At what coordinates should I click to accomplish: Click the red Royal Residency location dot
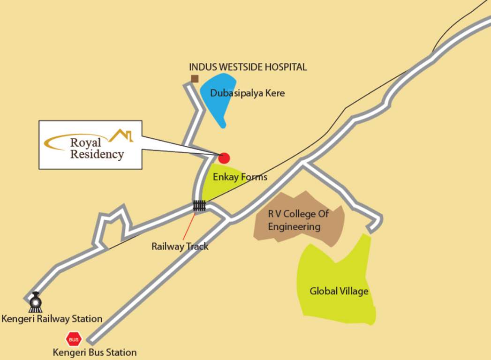(x=224, y=158)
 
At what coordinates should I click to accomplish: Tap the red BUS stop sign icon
(x=73, y=338)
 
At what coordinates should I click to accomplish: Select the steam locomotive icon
(x=35, y=302)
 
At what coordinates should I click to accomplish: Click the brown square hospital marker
(x=194, y=79)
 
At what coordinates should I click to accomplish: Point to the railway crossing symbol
(x=199, y=206)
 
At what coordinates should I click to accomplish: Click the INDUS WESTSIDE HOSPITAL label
(x=248, y=67)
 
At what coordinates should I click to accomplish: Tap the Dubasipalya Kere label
(x=247, y=93)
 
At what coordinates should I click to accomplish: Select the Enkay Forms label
(x=240, y=177)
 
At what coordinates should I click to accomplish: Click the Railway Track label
(x=180, y=246)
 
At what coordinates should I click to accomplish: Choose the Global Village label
(x=339, y=292)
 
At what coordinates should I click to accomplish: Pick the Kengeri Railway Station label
(x=52, y=319)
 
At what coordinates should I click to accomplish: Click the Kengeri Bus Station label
(x=95, y=352)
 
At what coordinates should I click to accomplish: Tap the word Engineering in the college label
(x=294, y=227)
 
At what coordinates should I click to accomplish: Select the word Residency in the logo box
(x=97, y=154)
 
